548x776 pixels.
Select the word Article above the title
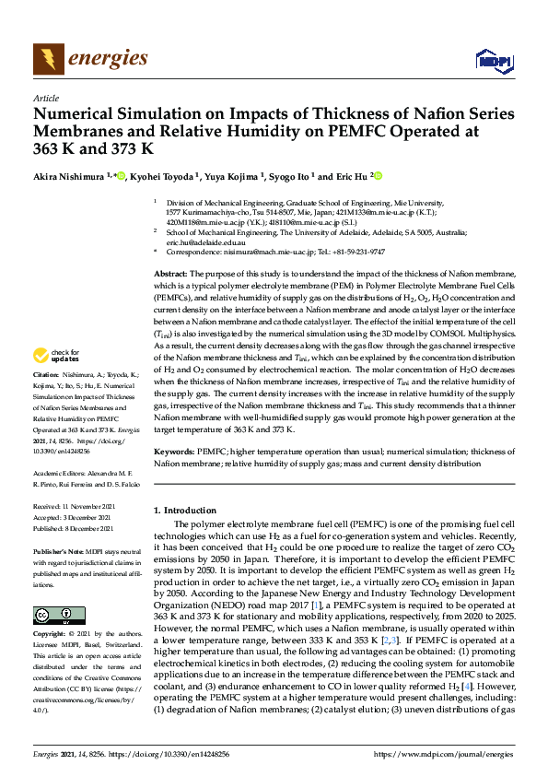point(45,98)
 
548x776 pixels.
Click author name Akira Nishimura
point(68,177)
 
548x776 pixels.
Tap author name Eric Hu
point(355,177)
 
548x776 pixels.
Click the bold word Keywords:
point(173,453)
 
